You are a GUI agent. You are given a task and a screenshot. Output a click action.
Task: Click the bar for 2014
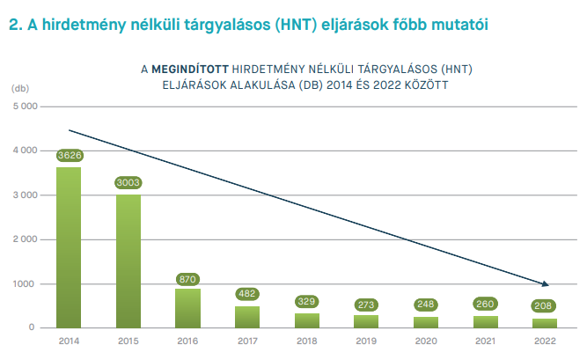click(x=69, y=247)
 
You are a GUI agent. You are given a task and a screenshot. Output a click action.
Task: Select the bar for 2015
click(x=128, y=261)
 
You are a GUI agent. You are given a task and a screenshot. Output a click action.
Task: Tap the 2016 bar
click(x=187, y=308)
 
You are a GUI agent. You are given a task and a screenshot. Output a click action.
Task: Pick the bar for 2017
click(x=247, y=317)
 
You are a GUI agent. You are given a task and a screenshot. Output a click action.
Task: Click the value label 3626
click(x=70, y=155)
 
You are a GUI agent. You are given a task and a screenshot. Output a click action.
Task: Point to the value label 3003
click(x=128, y=182)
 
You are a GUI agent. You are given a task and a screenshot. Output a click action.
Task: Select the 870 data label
click(x=187, y=279)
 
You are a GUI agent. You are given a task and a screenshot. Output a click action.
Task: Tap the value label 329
click(x=306, y=301)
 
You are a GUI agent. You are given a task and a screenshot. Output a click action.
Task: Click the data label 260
click(x=485, y=304)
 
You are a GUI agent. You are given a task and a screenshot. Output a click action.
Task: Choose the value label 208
click(x=543, y=305)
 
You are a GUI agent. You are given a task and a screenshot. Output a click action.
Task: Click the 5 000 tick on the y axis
click(x=26, y=107)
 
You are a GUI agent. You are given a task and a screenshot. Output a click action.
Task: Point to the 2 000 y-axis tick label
click(x=26, y=239)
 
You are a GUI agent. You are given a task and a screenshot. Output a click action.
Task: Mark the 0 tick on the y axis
click(x=32, y=327)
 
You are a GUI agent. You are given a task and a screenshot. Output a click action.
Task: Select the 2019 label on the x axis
click(x=366, y=341)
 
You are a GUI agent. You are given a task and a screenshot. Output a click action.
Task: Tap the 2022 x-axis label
click(x=545, y=341)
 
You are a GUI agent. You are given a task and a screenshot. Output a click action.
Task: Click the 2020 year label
click(x=426, y=341)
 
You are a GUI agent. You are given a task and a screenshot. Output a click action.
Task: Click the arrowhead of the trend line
click(x=546, y=284)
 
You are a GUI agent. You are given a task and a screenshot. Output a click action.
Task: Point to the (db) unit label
click(x=20, y=88)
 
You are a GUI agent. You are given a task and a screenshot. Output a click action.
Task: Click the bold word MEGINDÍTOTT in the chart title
click(x=190, y=70)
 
